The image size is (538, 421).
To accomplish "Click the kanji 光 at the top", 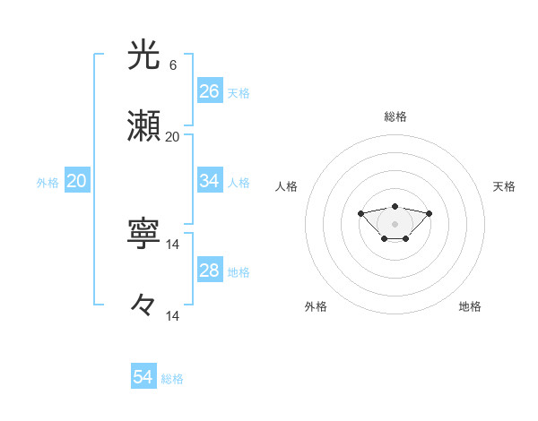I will coord(143,55).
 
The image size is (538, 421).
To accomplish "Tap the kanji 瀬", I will coord(143,127).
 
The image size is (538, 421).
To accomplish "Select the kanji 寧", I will coord(143,235).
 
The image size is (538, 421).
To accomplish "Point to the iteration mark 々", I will coord(143,306).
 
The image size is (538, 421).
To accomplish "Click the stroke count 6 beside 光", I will coord(172,64).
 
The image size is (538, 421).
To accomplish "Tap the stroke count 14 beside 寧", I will coord(172,244).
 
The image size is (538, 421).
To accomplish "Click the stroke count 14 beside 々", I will coord(172,315).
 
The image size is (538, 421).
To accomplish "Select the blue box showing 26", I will coord(210,91).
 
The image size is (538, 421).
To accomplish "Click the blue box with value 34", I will coord(210,181).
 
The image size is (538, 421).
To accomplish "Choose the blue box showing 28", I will coord(210,271).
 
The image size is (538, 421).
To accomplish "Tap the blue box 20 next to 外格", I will coord(76,181).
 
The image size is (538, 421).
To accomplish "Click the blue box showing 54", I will coord(143,377).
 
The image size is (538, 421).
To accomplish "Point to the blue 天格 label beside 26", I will coord(239,93).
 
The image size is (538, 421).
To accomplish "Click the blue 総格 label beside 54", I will coord(172,379).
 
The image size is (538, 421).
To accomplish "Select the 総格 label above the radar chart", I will coord(395,116).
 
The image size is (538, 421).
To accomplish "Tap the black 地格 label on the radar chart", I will coord(470,306).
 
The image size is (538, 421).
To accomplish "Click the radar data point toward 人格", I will coord(360,213).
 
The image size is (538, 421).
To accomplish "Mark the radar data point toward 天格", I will coord(429,213).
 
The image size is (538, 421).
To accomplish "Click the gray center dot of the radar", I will coord(395,223).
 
